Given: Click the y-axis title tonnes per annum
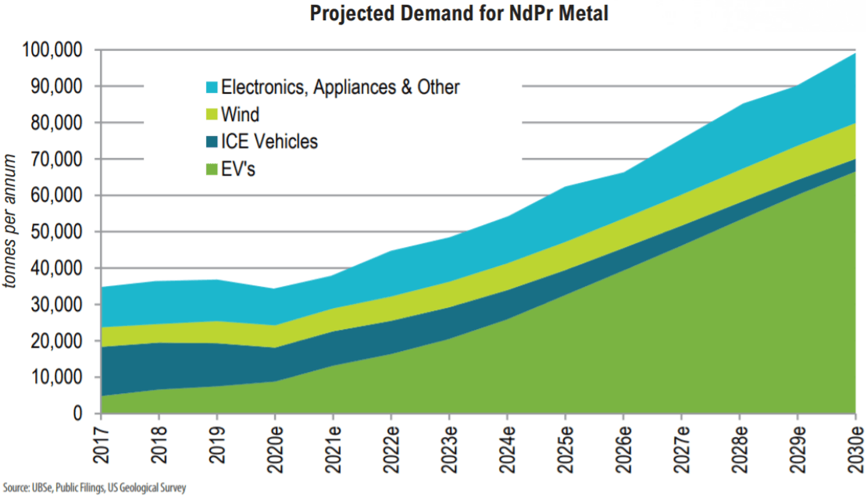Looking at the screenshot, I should coord(10,231).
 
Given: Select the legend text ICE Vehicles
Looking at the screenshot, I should coord(269,141).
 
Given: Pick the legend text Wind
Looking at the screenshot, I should coord(240,114).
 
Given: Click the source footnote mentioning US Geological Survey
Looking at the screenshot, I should coord(95,488).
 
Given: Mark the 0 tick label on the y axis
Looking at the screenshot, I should coord(78,414).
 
